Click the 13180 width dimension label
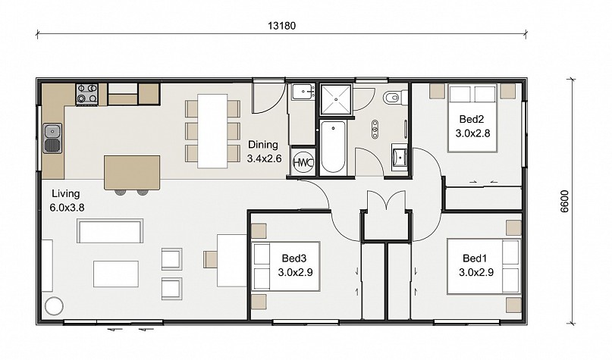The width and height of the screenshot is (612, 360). pyautogui.click(x=281, y=26)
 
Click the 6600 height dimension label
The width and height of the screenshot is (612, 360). pyautogui.click(x=564, y=202)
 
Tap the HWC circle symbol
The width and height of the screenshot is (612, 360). pyautogui.click(x=303, y=162)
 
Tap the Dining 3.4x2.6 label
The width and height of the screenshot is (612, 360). pyautogui.click(x=264, y=152)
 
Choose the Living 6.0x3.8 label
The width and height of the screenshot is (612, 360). pyautogui.click(x=67, y=201)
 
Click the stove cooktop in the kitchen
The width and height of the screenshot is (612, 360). pyautogui.click(x=86, y=94)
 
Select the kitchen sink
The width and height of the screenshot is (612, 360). pyautogui.click(x=52, y=139)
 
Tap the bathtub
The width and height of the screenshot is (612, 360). pyautogui.click(x=332, y=146)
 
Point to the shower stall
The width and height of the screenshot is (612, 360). pyautogui.click(x=336, y=99)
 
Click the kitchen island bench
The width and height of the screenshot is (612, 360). pyautogui.click(x=132, y=172)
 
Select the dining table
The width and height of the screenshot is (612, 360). pyautogui.click(x=212, y=131)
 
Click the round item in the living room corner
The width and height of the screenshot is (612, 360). pyautogui.click(x=54, y=306)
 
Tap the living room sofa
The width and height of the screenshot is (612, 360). pyautogui.click(x=110, y=231)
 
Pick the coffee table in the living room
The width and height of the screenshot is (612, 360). pyautogui.click(x=116, y=274)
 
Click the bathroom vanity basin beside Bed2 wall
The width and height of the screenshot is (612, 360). pyautogui.click(x=400, y=158)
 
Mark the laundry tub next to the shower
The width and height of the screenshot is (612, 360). pyautogui.click(x=303, y=92)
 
